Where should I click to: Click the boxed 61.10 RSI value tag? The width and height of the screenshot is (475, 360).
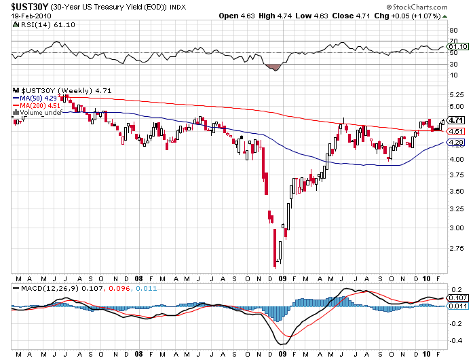point(455,47)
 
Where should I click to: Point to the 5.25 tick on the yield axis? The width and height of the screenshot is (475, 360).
point(455,95)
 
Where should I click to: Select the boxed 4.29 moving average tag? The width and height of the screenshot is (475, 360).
point(455,143)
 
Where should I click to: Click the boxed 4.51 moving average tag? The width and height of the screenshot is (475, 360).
point(455,131)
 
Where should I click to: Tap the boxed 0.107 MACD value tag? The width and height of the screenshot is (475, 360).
point(457,298)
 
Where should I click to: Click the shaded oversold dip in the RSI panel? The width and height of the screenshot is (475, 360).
point(274,67)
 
